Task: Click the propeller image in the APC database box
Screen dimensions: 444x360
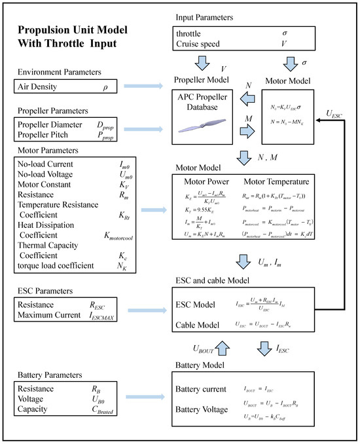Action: click(x=206, y=132)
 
